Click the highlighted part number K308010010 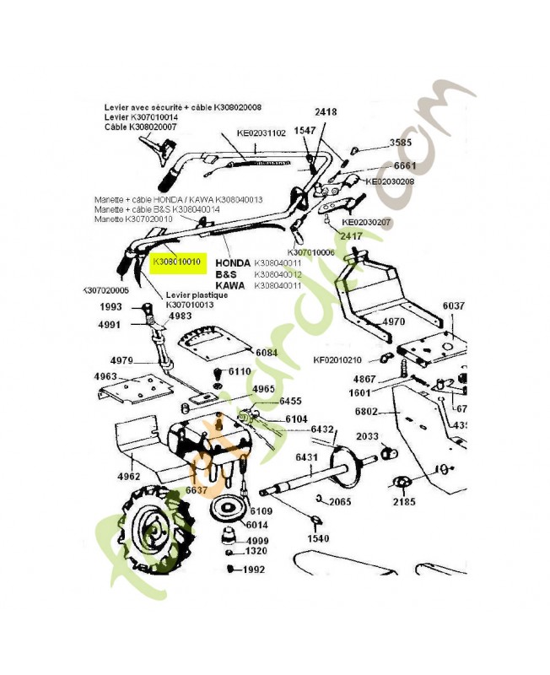point(176,262)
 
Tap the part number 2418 point(326,111)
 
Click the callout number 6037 point(454,305)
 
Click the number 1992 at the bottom point(253,570)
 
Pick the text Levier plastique point(193,295)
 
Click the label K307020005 point(106,289)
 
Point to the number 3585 point(401,143)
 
